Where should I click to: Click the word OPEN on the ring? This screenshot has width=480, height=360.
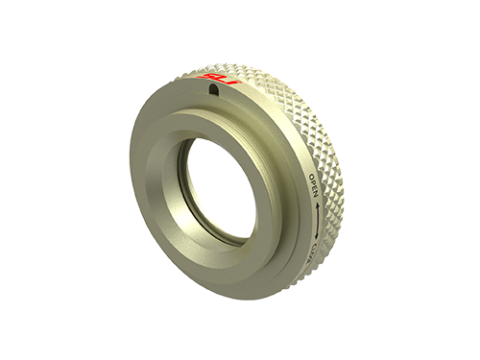(313, 186)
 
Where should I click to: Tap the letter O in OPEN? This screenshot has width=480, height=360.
(312, 178)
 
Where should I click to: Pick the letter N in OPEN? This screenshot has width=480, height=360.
(314, 194)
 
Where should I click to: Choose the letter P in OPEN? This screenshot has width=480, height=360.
(313, 183)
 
